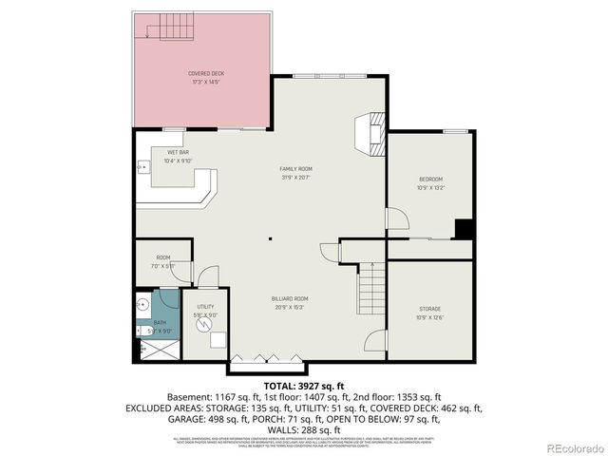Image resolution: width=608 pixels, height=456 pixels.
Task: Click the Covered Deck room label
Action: (x=205, y=76)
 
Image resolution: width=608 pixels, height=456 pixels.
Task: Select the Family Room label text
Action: (x=295, y=173)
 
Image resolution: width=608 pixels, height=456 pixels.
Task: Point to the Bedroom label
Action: (x=431, y=182)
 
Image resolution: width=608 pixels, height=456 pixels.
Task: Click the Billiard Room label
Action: (x=291, y=302)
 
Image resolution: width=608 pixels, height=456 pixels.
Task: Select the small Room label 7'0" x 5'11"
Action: (x=163, y=261)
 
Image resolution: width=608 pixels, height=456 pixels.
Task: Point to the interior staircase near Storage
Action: (x=372, y=282)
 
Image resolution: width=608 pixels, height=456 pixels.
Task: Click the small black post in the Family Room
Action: (x=270, y=239)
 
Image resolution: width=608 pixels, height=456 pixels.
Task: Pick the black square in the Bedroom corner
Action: (x=464, y=229)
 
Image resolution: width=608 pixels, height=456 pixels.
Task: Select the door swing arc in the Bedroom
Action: (x=398, y=219)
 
